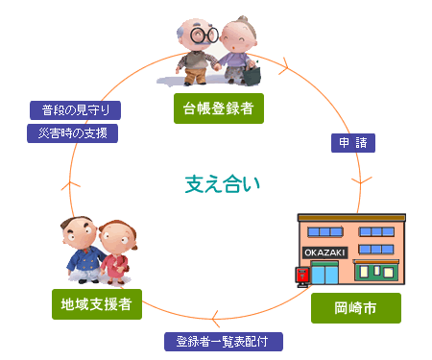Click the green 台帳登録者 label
pyautogui.click(x=218, y=108)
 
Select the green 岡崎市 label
pyautogui.click(x=355, y=308)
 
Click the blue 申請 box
pyautogui.click(x=351, y=143)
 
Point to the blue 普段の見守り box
pyautogui.click(x=74, y=109)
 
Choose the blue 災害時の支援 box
pyautogui.click(x=73, y=132)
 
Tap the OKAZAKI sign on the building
pyautogui.click(x=323, y=252)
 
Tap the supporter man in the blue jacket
pyautogui.click(x=81, y=249)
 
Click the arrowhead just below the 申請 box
pyautogui.click(x=360, y=180)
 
